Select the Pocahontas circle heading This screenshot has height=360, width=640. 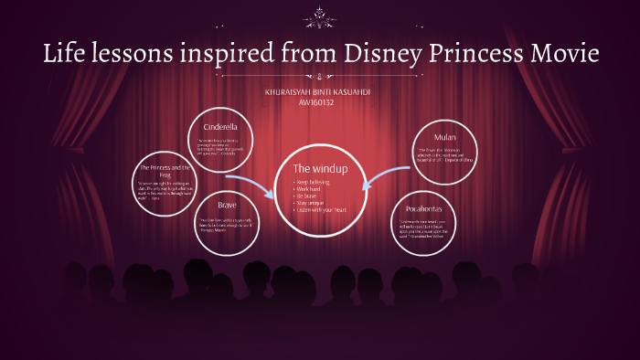coord(427,208)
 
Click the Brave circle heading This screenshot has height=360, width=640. coord(227,206)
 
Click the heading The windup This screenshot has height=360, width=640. coord(314,169)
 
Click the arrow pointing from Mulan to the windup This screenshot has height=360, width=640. coord(384,174)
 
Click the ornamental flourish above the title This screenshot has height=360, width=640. coord(320,16)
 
